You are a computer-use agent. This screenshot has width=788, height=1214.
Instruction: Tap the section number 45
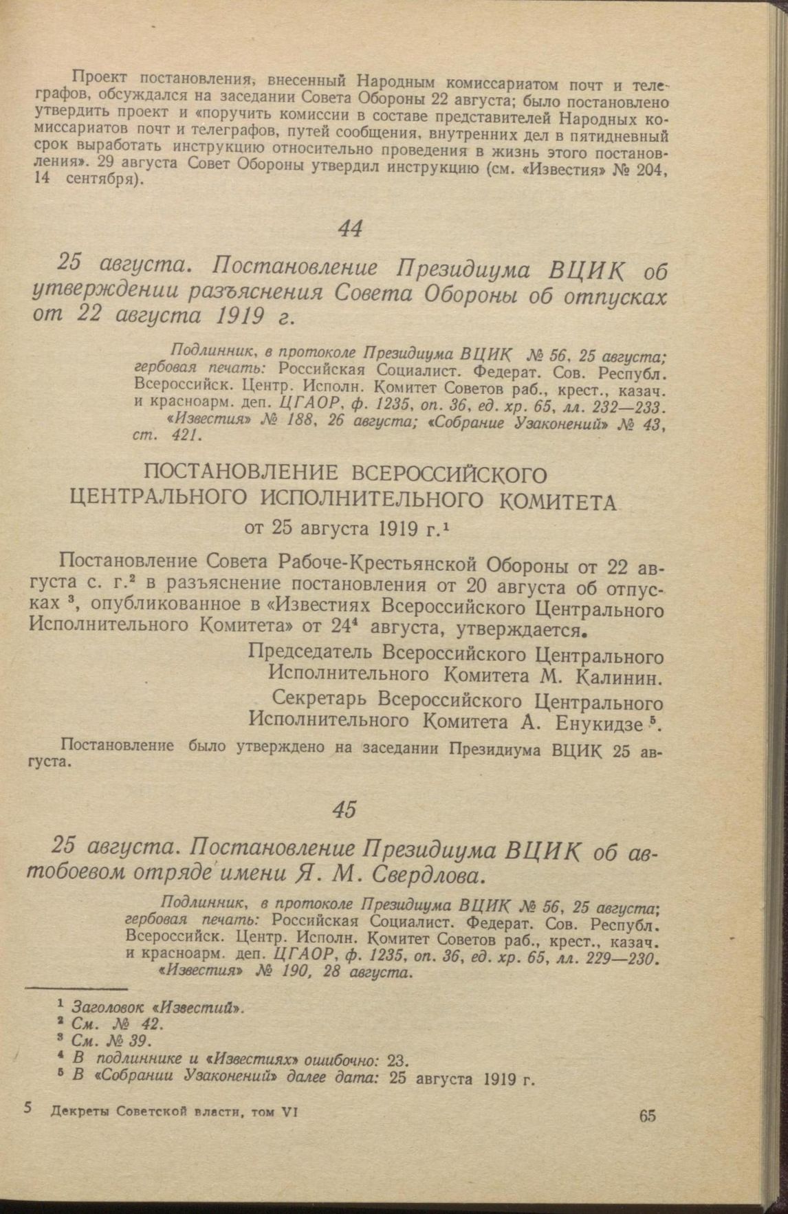[x=344, y=810]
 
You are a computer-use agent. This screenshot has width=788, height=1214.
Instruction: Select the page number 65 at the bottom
[x=646, y=1115]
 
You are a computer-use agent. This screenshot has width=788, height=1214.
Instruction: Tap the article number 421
[x=185, y=435]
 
